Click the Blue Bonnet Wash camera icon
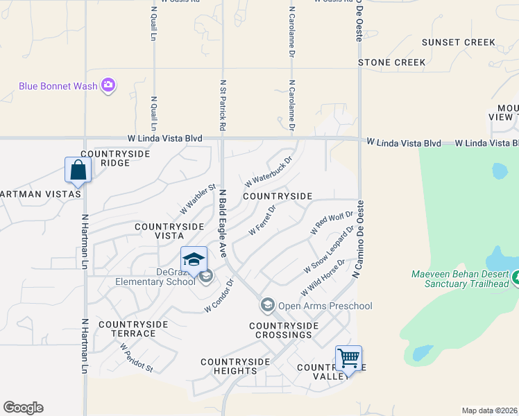(x=108, y=86)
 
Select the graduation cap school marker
(x=194, y=260)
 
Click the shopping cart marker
(x=348, y=359)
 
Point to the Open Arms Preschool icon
(x=267, y=305)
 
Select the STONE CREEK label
(x=391, y=62)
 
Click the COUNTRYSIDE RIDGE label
(x=105, y=158)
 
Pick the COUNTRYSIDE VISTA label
(x=169, y=231)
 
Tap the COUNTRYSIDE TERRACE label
(x=133, y=329)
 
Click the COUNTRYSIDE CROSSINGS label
(x=283, y=330)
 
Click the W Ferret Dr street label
(x=262, y=219)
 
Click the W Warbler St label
(x=198, y=198)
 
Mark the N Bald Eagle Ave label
(x=223, y=222)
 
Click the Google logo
(x=23, y=408)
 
